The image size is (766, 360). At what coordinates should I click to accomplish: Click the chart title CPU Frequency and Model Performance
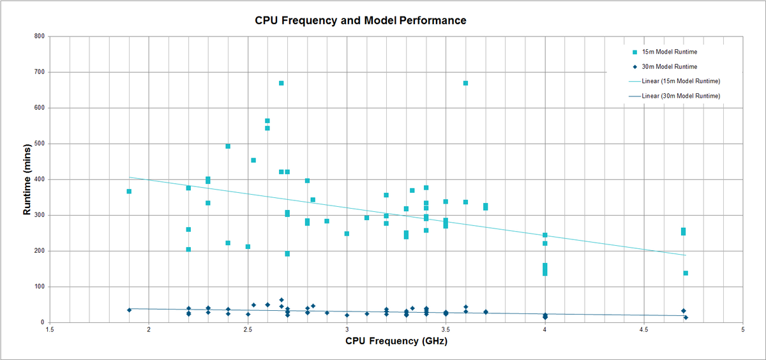pyautogui.click(x=361, y=20)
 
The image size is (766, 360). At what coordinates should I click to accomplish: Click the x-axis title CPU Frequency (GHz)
pyautogui.click(x=396, y=341)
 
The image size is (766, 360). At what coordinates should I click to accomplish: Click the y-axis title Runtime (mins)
pyautogui.click(x=27, y=179)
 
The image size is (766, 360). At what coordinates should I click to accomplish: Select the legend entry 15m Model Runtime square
pyautogui.click(x=635, y=52)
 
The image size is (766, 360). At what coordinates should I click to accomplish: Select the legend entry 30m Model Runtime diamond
pyautogui.click(x=635, y=66)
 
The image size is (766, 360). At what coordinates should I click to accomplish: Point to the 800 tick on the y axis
pyautogui.click(x=39, y=36)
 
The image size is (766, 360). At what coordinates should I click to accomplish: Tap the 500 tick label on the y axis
pyautogui.click(x=39, y=144)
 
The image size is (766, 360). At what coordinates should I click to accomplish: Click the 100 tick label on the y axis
pyautogui.click(x=39, y=287)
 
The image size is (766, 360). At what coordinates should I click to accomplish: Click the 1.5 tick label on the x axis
pyautogui.click(x=49, y=330)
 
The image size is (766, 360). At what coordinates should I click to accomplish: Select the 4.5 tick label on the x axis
pyautogui.click(x=643, y=330)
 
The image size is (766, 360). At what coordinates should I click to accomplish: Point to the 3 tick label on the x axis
pyautogui.click(x=347, y=330)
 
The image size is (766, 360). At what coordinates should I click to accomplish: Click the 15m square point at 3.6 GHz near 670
pyautogui.click(x=465, y=83)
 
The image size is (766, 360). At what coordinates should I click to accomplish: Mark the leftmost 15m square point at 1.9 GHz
pyautogui.click(x=129, y=191)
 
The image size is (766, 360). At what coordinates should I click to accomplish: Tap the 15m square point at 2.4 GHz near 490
pyautogui.click(x=228, y=146)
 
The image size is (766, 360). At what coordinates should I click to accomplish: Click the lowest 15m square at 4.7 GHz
pyautogui.click(x=686, y=273)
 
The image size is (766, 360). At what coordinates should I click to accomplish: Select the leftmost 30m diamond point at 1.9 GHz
pyautogui.click(x=129, y=310)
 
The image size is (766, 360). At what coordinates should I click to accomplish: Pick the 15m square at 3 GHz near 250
pyautogui.click(x=347, y=234)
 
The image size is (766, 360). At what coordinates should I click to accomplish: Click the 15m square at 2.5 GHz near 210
pyautogui.click(x=248, y=246)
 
